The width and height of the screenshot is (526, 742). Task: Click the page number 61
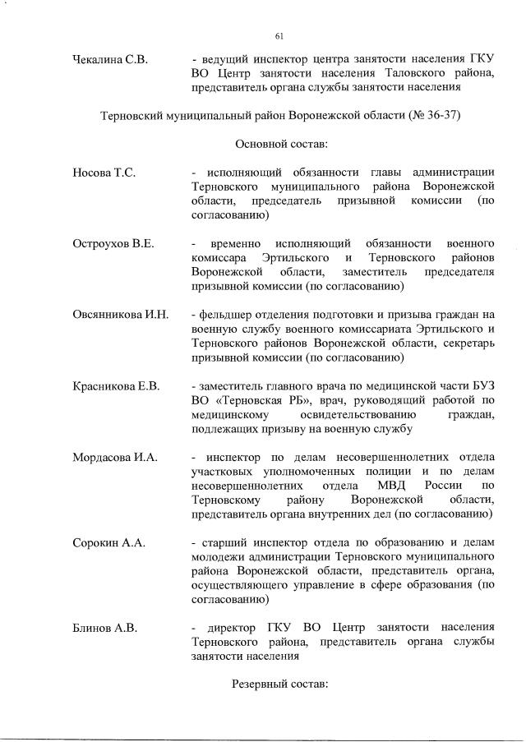pos(279,35)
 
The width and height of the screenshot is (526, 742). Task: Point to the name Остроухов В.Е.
pos(113,244)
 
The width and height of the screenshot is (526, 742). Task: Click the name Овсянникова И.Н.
pos(120,315)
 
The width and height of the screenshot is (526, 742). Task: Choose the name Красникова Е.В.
pos(116,385)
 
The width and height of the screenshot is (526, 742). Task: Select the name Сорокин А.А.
pos(108,542)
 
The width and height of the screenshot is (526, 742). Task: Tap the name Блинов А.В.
pos(104,628)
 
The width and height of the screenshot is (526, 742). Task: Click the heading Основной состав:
pos(281,144)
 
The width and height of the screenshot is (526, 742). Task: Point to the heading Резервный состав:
pos(279,684)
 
